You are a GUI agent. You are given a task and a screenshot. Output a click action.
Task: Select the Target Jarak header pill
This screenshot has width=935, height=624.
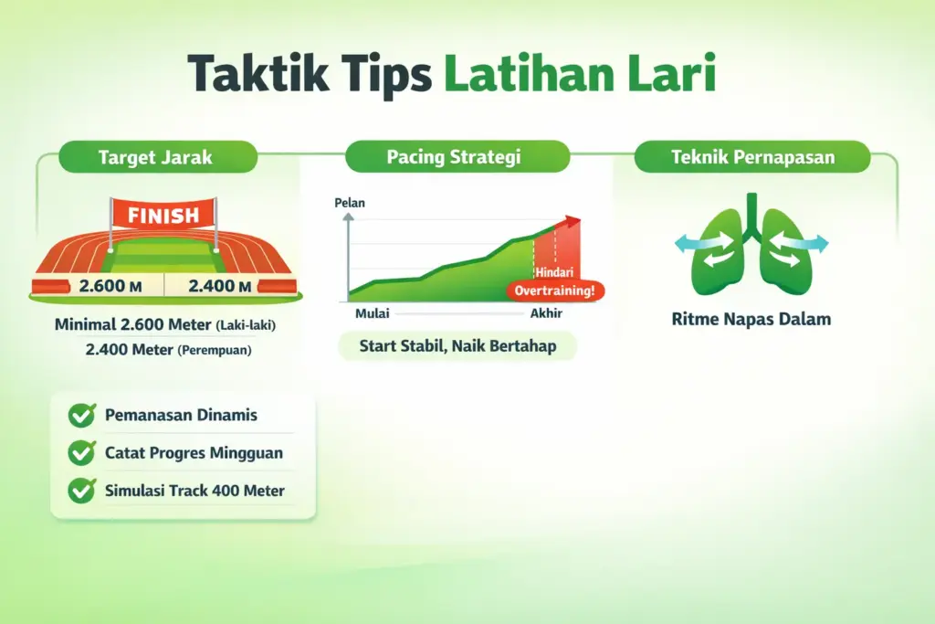(155, 157)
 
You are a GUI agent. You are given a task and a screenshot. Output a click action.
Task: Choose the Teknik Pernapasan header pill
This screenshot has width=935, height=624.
(752, 157)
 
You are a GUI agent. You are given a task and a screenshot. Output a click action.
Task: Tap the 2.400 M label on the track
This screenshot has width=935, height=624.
(219, 286)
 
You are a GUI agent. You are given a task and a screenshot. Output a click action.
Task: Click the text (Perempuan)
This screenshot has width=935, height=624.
(215, 350)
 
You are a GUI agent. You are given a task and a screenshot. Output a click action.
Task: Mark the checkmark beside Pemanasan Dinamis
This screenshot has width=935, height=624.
(82, 416)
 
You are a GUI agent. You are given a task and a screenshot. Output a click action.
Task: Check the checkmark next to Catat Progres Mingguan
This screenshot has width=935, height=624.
(82, 452)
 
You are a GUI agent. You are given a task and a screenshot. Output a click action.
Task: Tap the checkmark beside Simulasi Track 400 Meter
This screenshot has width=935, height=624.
(82, 491)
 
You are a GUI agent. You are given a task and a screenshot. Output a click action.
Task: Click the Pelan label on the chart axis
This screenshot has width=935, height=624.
(350, 203)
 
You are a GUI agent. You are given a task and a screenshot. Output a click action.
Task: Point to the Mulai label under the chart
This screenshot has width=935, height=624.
(372, 314)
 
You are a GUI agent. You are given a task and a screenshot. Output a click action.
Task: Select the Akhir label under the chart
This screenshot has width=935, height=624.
(545, 314)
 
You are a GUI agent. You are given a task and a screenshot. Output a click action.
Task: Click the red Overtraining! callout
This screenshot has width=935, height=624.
(555, 291)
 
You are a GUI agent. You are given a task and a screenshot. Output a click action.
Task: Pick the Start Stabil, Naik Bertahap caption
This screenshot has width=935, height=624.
(457, 346)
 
